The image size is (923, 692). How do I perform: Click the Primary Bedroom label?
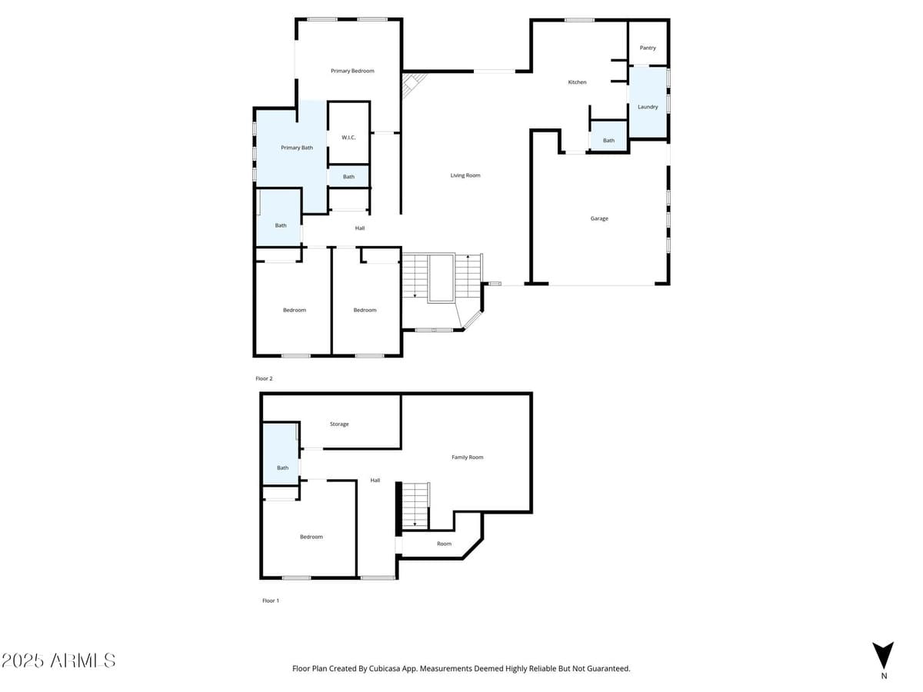pos(352,71)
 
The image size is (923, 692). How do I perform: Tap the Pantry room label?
pos(648,48)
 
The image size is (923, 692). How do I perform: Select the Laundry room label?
pos(648,107)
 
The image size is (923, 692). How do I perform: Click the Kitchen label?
pos(577,82)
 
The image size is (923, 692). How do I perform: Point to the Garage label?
pos(599,218)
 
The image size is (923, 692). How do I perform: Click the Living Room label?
pos(465,175)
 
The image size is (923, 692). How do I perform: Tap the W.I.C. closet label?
pos(348,138)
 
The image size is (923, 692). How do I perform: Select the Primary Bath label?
pos(296,148)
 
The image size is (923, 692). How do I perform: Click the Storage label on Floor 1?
pos(339,424)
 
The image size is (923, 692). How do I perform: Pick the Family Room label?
pos(467,457)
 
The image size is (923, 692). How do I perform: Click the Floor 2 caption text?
pos(264,378)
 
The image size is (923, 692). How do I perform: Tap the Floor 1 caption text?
pos(270,601)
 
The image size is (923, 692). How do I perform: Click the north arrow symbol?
pos(883,656)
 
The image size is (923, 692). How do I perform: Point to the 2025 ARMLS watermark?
pos(58,660)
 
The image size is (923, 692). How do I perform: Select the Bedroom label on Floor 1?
pos(311,537)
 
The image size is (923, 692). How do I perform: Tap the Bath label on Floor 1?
pos(282,467)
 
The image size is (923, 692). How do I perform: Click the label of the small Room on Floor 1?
pos(444,544)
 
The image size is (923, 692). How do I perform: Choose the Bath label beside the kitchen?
pos(608,141)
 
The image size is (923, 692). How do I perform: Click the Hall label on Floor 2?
pos(359,228)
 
